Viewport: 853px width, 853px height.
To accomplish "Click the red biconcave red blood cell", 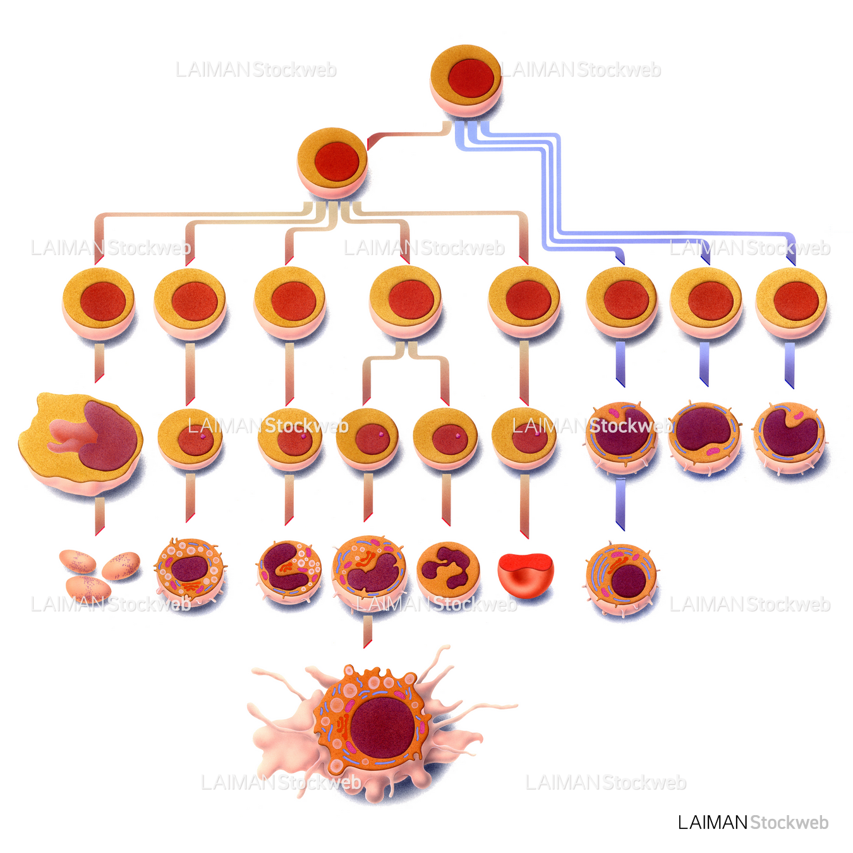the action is [x=526, y=574].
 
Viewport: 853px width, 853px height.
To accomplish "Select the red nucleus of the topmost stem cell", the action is [x=471, y=79].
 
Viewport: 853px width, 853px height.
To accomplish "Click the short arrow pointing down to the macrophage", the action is [x=367, y=633].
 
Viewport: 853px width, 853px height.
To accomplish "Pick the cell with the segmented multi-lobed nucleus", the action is [x=449, y=571].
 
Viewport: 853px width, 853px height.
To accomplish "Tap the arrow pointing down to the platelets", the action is [x=100, y=516].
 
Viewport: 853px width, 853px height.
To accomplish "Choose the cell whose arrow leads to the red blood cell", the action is [x=524, y=439].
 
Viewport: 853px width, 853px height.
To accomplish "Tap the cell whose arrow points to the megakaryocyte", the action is [x=99, y=304].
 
